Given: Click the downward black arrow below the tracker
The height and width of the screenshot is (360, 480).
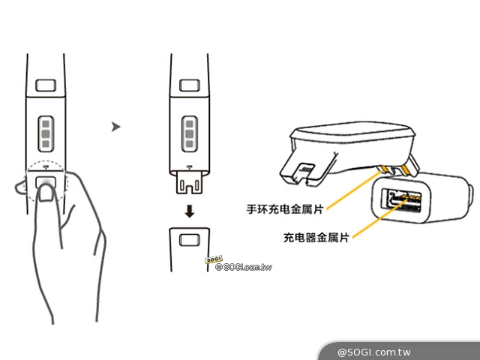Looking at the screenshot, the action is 190,211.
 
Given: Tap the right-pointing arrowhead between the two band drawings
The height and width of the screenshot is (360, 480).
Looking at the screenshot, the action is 115,127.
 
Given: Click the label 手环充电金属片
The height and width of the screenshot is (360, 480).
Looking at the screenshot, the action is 285,209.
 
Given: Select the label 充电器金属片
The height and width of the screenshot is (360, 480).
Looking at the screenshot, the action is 316,237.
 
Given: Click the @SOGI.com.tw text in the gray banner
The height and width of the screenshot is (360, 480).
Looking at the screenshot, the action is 373,352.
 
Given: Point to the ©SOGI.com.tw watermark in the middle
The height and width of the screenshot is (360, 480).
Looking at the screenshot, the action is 244,267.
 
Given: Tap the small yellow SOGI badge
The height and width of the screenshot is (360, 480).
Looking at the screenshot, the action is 214,259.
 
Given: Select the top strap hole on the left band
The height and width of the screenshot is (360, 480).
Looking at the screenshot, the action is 46,85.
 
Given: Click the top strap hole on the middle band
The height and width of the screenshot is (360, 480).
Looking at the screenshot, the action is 190,85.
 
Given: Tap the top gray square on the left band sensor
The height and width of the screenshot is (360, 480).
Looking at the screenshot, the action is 46,124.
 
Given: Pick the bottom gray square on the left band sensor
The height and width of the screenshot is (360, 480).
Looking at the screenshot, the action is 46,144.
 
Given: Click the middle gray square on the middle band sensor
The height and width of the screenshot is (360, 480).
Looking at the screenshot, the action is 190,133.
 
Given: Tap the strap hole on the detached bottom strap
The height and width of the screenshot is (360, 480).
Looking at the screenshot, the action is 190,240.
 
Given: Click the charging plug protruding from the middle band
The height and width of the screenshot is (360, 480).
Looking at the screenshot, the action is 189,182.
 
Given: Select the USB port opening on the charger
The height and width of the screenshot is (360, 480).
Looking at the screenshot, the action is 401,201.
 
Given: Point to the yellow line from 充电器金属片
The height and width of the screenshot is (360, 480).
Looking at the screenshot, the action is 379,218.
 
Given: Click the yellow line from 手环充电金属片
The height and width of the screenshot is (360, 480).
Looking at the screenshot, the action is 355,190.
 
